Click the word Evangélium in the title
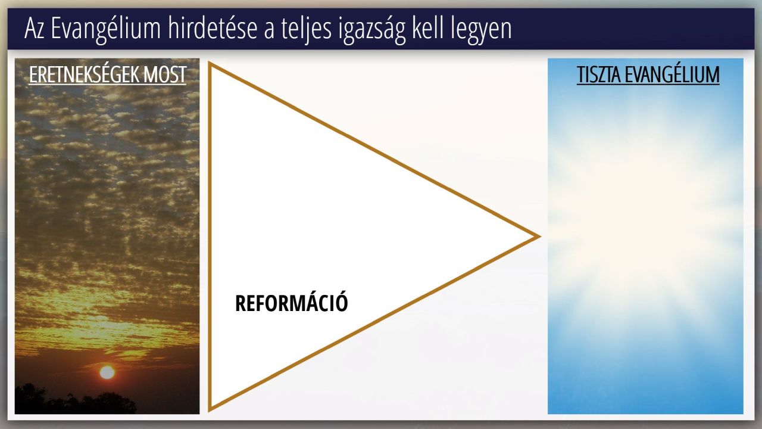click(x=105, y=29)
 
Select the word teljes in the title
click(x=306, y=30)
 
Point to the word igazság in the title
click(x=372, y=30)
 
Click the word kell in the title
click(x=428, y=28)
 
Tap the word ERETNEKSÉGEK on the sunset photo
click(x=84, y=74)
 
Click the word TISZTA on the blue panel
click(x=598, y=74)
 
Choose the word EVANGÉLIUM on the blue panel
click(x=672, y=74)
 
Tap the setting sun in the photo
click(x=107, y=372)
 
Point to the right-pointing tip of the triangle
click(x=539, y=237)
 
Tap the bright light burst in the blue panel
click(x=645, y=218)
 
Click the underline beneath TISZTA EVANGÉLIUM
click(x=648, y=84)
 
